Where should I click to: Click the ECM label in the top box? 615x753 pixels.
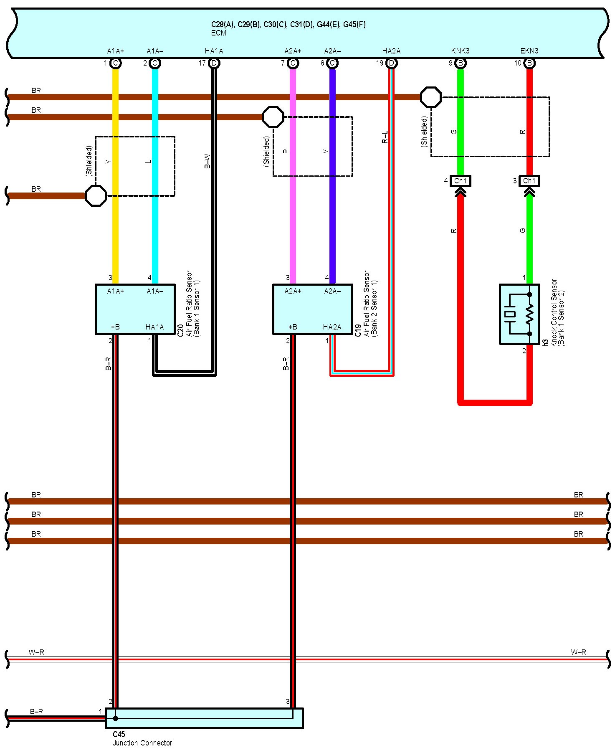218,33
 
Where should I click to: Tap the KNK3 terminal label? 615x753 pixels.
460,51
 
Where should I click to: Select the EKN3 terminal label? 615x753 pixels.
529,51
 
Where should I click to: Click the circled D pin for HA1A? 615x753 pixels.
214,63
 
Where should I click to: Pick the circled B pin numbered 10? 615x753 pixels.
529,63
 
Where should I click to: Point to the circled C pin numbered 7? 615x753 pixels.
293,63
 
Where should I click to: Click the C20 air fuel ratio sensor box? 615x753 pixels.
135,309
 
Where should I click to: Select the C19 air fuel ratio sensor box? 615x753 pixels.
312,309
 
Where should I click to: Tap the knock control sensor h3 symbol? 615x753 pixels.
519,314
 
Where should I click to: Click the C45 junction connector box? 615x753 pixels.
204,718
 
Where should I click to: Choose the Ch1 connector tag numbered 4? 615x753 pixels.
460,181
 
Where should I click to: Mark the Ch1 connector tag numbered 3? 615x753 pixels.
529,181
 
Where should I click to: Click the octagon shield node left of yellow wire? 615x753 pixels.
96,195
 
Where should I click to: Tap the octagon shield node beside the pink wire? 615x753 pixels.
273,117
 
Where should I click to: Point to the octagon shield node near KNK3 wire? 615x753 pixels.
430,97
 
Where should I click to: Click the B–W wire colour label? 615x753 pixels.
207,161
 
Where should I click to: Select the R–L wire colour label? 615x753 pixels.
385,137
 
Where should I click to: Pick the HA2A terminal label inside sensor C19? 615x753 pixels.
332,327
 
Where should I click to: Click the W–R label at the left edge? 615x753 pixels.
36,652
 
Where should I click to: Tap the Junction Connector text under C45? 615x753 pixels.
142,743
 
